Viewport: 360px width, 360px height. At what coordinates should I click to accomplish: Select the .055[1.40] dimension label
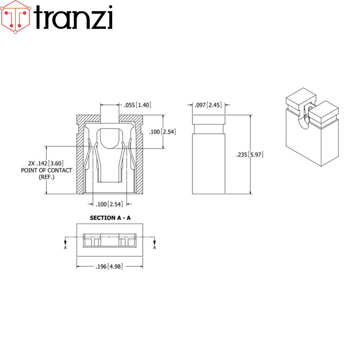[x=136, y=105]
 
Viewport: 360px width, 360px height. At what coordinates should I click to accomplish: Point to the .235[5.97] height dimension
[x=250, y=155]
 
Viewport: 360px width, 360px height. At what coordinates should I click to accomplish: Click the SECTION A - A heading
[x=110, y=218]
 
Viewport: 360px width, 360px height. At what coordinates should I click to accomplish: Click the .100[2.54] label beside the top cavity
[x=162, y=132]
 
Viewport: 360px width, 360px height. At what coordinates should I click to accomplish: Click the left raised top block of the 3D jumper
[x=301, y=98]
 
